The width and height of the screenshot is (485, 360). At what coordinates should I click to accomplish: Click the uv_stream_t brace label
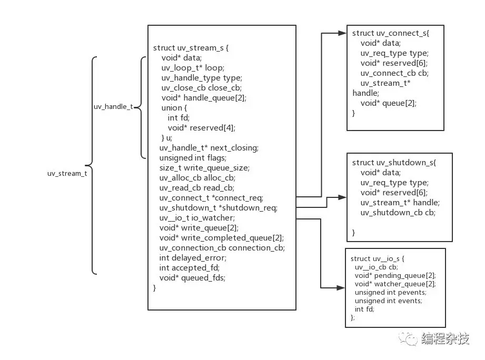point(67,174)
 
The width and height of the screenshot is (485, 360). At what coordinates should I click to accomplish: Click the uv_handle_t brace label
point(113,107)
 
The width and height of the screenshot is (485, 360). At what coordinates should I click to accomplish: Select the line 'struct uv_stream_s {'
point(191,48)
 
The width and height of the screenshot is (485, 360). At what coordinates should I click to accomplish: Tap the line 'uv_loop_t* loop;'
point(193,68)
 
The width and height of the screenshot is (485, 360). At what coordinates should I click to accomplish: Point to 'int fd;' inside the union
point(179,118)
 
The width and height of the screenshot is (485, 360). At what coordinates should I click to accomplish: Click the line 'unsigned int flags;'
point(193,158)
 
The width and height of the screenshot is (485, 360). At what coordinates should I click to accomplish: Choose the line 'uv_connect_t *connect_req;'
point(211,198)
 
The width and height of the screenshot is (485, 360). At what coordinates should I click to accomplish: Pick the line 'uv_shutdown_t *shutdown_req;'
point(218,208)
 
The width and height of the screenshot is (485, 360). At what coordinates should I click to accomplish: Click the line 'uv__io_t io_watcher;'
point(197,218)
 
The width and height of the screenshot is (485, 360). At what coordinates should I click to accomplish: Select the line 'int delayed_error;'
point(193,258)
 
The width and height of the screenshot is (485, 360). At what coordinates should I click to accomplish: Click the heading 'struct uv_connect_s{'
point(391,33)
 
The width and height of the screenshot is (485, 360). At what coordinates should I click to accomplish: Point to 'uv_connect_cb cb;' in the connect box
point(394,73)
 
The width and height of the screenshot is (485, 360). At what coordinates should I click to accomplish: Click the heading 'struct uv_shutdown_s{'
point(394,163)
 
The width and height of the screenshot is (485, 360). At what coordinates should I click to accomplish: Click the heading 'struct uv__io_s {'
point(377,259)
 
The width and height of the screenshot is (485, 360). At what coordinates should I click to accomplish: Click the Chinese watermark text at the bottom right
point(445,339)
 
